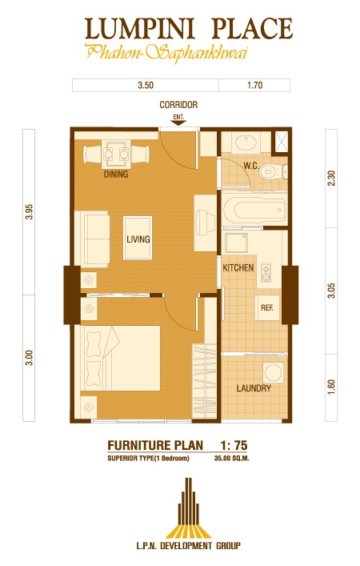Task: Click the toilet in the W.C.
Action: click(x=273, y=171)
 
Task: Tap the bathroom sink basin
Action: click(x=246, y=143)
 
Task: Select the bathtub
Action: click(x=254, y=210)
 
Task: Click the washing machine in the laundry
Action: click(x=273, y=372)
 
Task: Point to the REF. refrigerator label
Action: click(x=267, y=308)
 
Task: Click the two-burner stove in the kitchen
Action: click(x=266, y=272)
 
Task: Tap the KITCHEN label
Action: click(x=238, y=268)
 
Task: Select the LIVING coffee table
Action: click(x=138, y=238)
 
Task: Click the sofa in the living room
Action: click(x=92, y=239)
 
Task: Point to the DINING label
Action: click(x=116, y=175)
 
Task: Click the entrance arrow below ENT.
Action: click(x=178, y=122)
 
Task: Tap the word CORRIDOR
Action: click(x=178, y=105)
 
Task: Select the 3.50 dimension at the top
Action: click(x=146, y=85)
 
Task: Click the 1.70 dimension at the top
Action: click(x=254, y=85)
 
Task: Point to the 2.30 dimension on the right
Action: click(x=331, y=178)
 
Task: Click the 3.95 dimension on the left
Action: click(x=29, y=212)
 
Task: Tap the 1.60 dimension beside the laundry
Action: click(x=331, y=387)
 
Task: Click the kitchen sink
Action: click(x=237, y=243)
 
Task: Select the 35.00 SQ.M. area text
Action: click(x=232, y=459)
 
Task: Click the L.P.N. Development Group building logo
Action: click(x=188, y=508)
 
